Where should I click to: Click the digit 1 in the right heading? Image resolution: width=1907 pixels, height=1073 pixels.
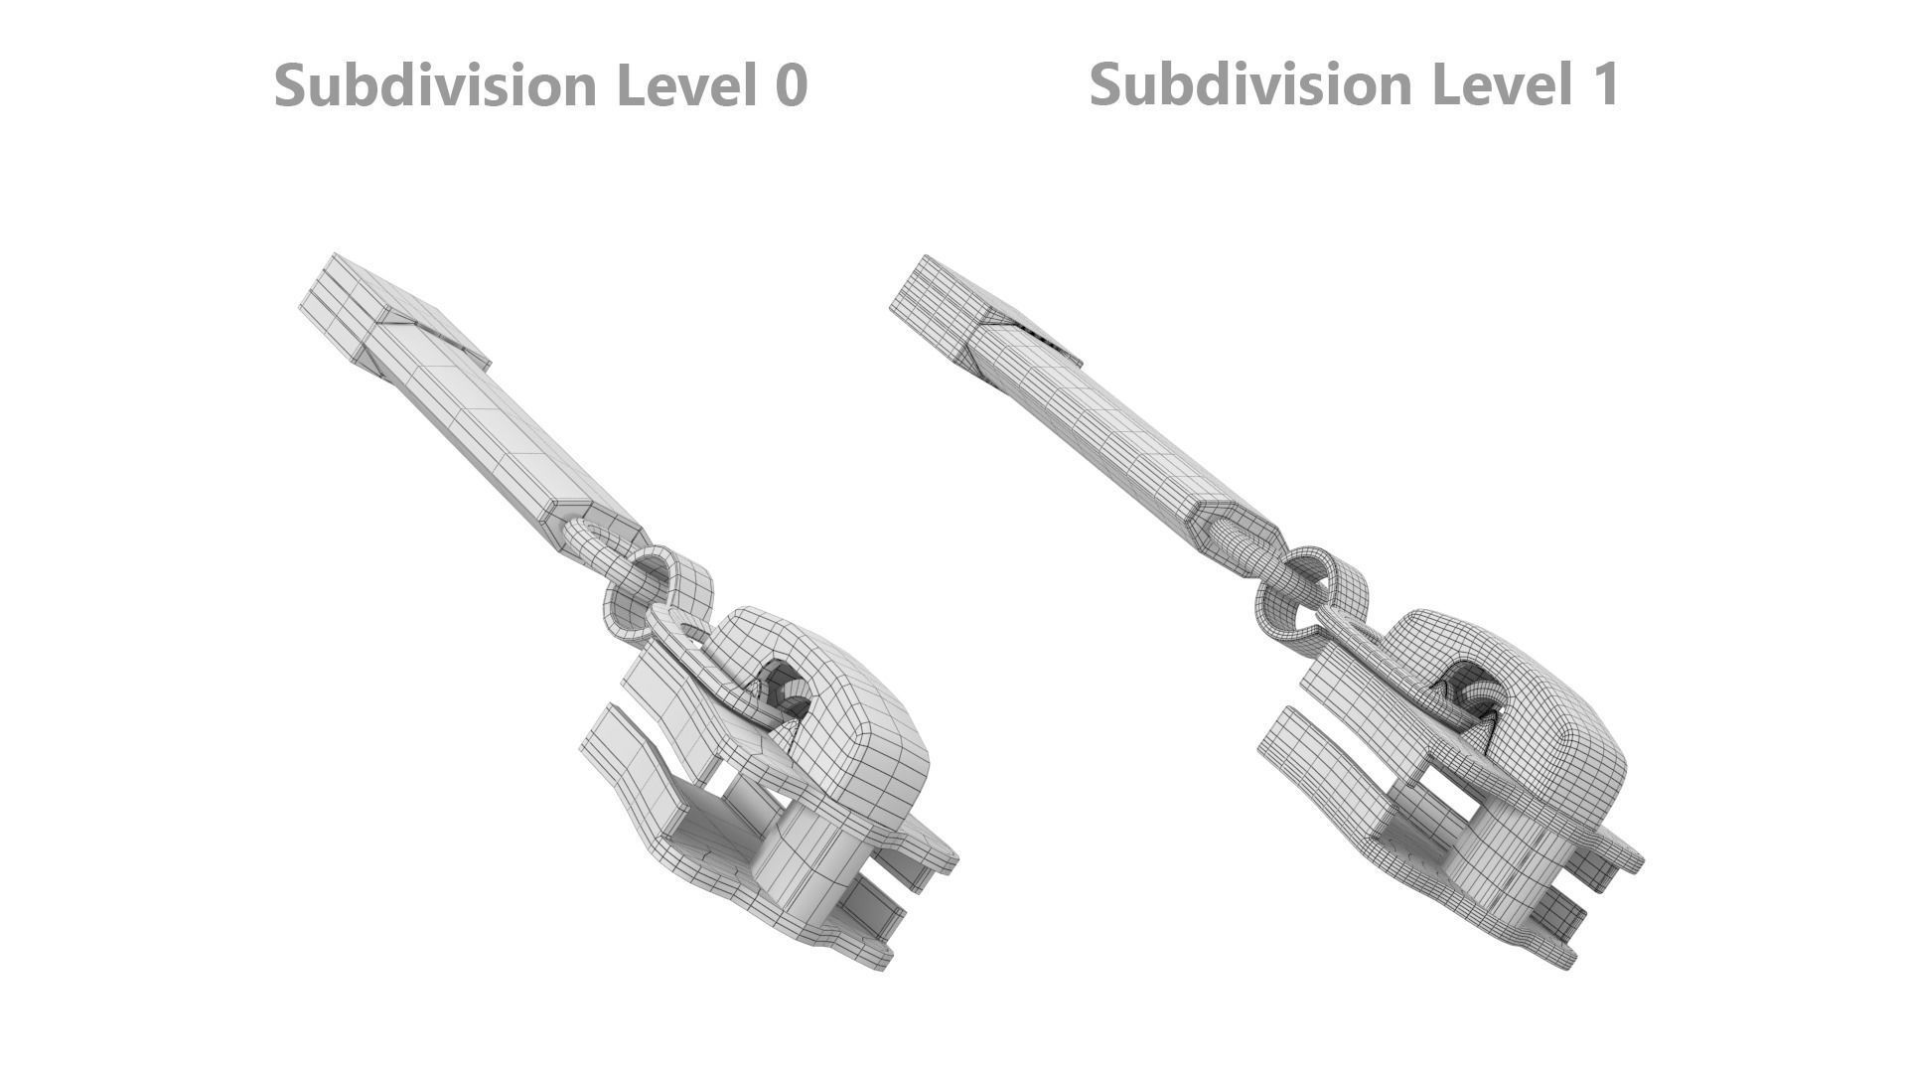(x=1605, y=83)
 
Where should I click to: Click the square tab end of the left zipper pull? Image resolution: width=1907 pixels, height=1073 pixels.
(x=343, y=293)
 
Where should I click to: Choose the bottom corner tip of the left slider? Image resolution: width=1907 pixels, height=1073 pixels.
(x=879, y=959)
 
